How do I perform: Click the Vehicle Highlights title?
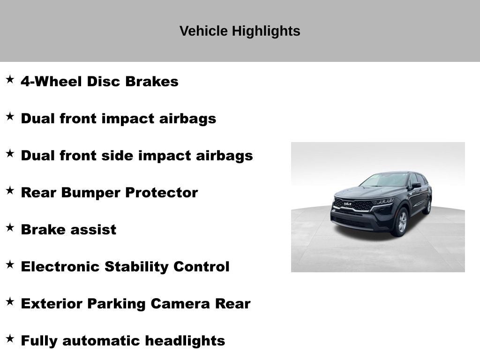240,31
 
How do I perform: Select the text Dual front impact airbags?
118,119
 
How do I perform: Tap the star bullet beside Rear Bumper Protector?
10,190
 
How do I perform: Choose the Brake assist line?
68,230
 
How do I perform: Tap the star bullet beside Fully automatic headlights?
10,338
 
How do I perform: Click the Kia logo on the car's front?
347,204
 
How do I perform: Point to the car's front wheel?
401,222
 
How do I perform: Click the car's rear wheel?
427,205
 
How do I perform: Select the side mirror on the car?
415,186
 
